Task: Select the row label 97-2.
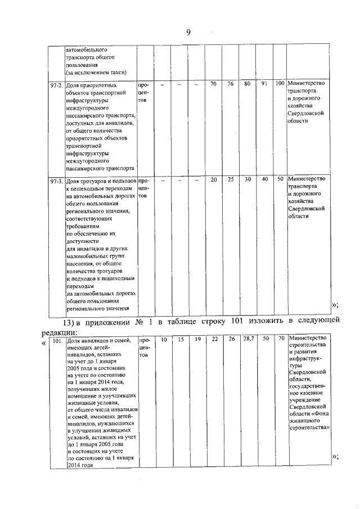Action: (57, 84)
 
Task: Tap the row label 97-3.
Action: (57, 182)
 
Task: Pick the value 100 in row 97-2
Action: (280, 84)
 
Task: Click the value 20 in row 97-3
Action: (214, 179)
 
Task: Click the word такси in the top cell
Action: (117, 73)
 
